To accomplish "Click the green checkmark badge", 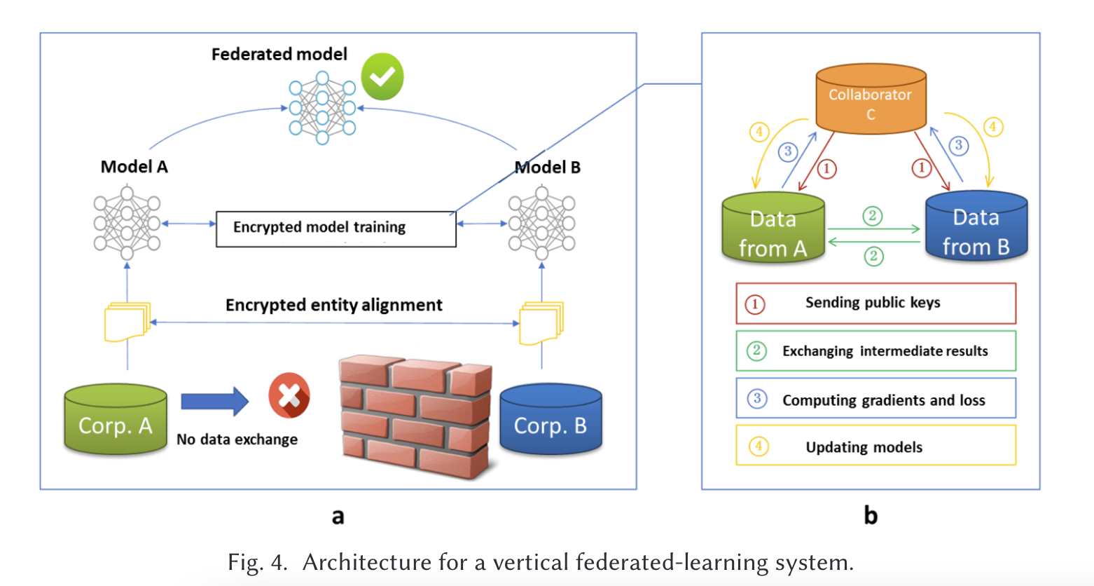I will pyautogui.click(x=382, y=76).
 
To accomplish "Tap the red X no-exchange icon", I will pyautogui.click(x=289, y=395).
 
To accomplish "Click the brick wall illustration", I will pyautogui.click(x=415, y=416).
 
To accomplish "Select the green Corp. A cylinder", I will pyautogui.click(x=116, y=421).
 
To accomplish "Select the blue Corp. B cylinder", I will pyautogui.click(x=551, y=421).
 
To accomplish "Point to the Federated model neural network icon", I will pyautogui.click(x=322, y=108).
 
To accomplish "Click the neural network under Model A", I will pyautogui.click(x=127, y=223).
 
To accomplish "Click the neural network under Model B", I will pyautogui.click(x=541, y=223).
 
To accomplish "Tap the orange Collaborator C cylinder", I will pyautogui.click(x=871, y=100).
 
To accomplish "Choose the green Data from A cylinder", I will pyautogui.click(x=773, y=229).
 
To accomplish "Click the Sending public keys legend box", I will pyautogui.click(x=875, y=304).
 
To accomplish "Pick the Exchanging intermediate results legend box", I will pyautogui.click(x=875, y=351).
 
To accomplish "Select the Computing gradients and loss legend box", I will pyautogui.click(x=875, y=399).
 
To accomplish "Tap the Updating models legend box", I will pyautogui.click(x=875, y=447).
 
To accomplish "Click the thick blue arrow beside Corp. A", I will pyautogui.click(x=214, y=401).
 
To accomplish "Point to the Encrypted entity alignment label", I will pyautogui.click(x=333, y=306).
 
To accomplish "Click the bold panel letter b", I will pyautogui.click(x=871, y=516).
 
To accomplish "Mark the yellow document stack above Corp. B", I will pyautogui.click(x=540, y=323).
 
